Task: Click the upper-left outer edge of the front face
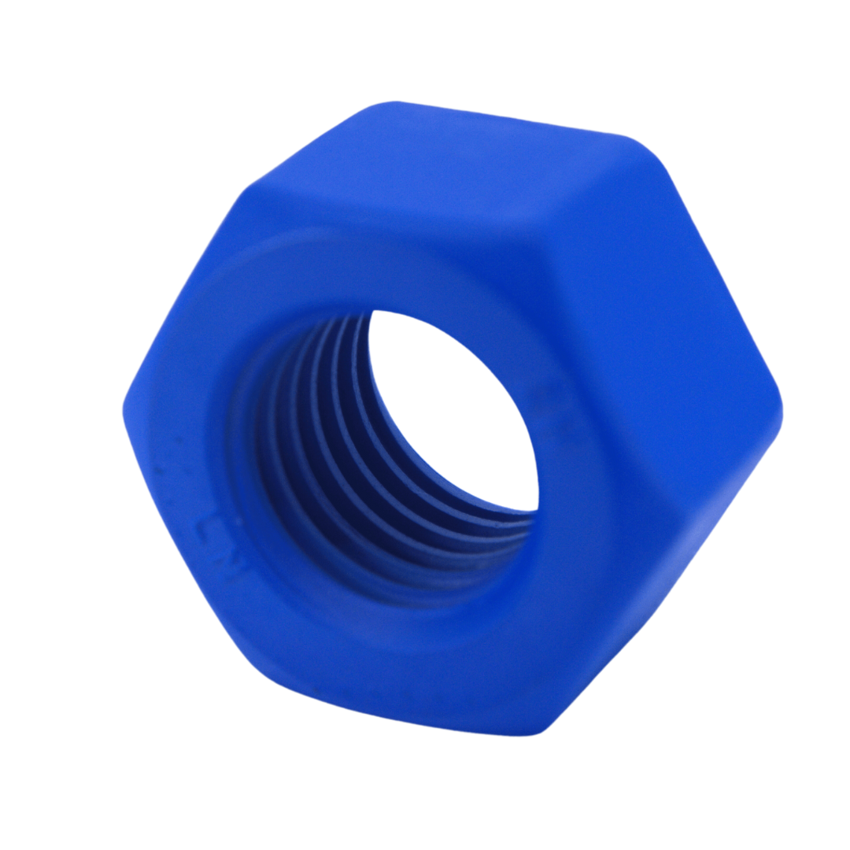[181, 299]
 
